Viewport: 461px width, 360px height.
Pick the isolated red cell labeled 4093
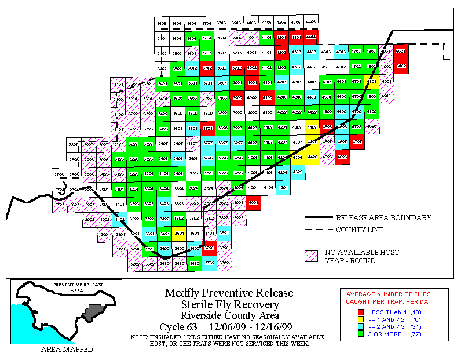pos(253,203)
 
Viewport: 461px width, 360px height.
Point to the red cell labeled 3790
pos(209,248)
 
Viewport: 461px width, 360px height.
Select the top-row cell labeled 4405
pos(310,22)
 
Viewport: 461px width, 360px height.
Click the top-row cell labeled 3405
pos(162,23)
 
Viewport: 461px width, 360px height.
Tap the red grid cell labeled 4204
pos(281,37)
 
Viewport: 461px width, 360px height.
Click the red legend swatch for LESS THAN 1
pos(361,312)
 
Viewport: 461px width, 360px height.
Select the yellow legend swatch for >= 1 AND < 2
pos(361,319)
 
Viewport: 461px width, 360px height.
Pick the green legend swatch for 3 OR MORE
pos(361,334)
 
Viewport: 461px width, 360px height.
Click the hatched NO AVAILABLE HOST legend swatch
pos(312,256)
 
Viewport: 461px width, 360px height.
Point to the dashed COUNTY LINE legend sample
pos(319,230)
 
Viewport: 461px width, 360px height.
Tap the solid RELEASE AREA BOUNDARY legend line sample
pos(319,218)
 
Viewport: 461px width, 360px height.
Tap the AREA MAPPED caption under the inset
pos(67,350)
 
